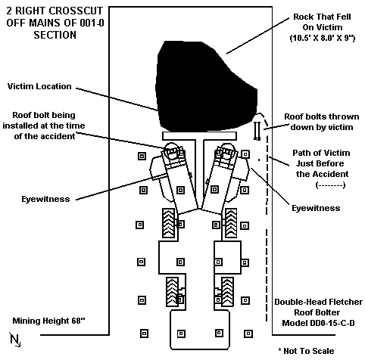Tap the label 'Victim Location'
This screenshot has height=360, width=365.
[x=39, y=86]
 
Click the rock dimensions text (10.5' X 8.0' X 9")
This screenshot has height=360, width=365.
[x=323, y=38]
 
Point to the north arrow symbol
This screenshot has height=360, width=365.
[x=15, y=340]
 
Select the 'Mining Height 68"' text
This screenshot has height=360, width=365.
[x=49, y=321]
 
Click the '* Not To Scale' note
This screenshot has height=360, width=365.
[x=306, y=351]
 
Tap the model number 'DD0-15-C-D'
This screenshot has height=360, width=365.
[x=318, y=323]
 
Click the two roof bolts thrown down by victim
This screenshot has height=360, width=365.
[x=257, y=131]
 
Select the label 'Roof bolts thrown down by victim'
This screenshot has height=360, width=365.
[x=322, y=122]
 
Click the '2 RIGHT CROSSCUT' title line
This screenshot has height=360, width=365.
[x=55, y=11]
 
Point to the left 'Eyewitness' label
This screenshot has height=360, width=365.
[x=45, y=199]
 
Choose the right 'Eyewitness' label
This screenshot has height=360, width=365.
[x=316, y=208]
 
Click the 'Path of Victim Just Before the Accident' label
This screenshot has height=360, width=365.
[x=322, y=163]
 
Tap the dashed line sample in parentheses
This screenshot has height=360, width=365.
[x=330, y=185]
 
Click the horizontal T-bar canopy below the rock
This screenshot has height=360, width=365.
[x=199, y=136]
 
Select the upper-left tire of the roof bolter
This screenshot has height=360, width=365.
[x=168, y=223]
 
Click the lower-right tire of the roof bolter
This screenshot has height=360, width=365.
[x=227, y=292]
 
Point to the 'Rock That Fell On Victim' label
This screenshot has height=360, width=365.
[x=322, y=22]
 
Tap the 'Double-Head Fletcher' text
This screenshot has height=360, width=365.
[x=318, y=302]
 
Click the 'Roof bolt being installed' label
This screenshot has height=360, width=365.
[x=44, y=126]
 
